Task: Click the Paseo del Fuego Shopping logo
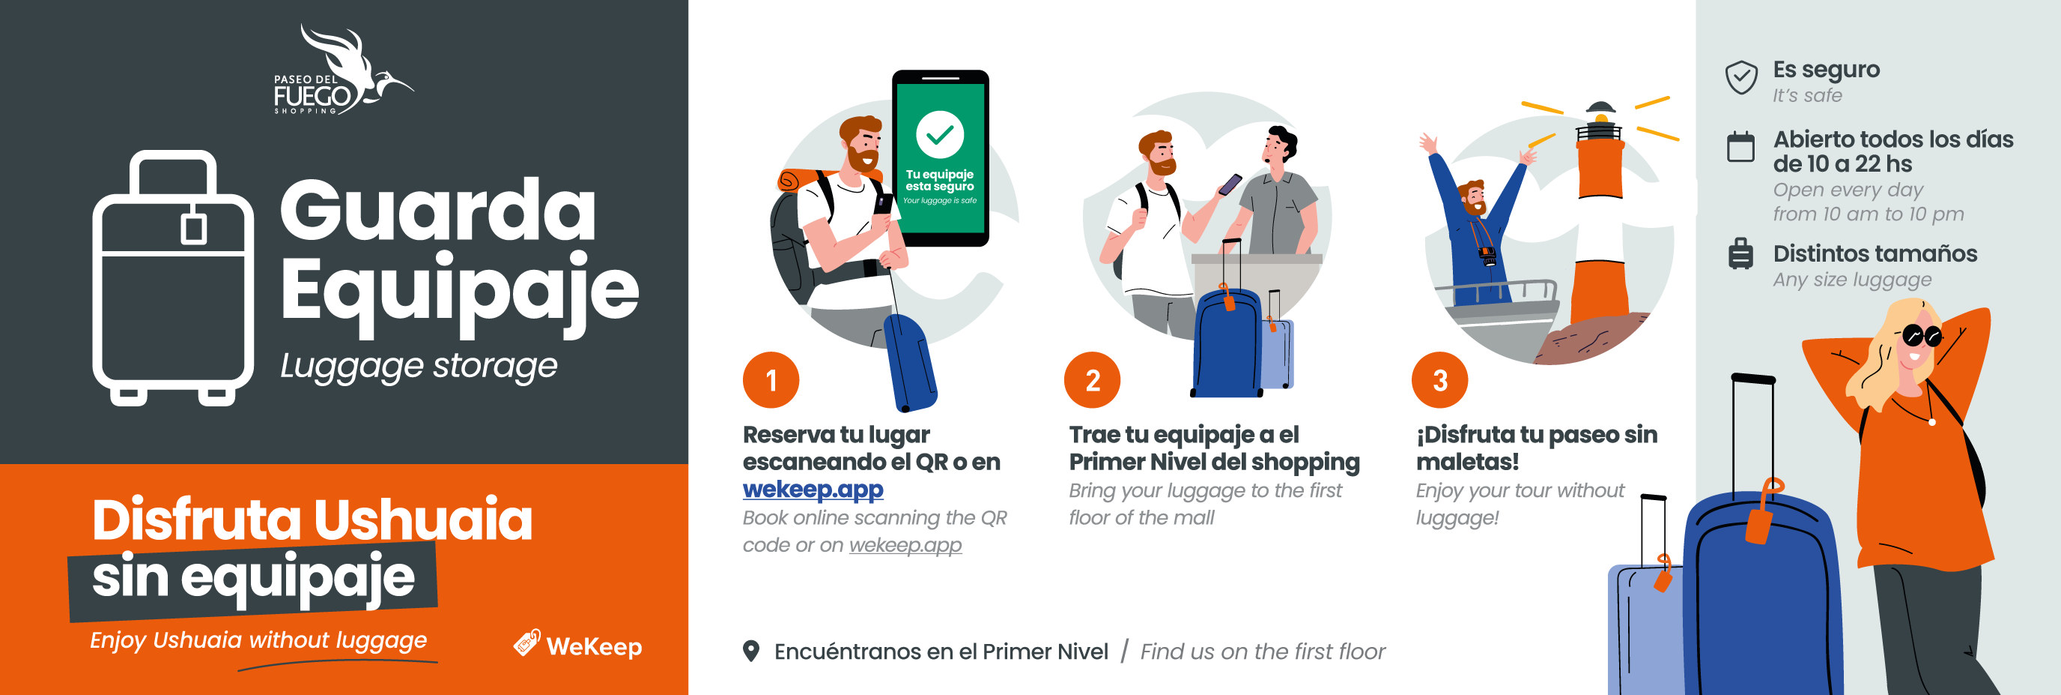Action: click(x=342, y=70)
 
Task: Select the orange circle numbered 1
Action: click(x=771, y=380)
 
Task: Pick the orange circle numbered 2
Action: click(x=1092, y=380)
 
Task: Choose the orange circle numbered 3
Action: click(x=1439, y=380)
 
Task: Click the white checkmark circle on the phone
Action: click(x=939, y=133)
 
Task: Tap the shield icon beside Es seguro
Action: click(x=1741, y=78)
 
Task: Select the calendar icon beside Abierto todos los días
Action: click(x=1740, y=146)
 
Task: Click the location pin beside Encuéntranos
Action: click(x=750, y=651)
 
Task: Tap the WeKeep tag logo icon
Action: click(x=527, y=643)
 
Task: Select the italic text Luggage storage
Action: click(x=419, y=366)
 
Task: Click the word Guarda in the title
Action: click(x=437, y=210)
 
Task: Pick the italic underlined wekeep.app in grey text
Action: click(x=905, y=545)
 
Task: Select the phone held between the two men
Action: click(x=1229, y=185)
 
